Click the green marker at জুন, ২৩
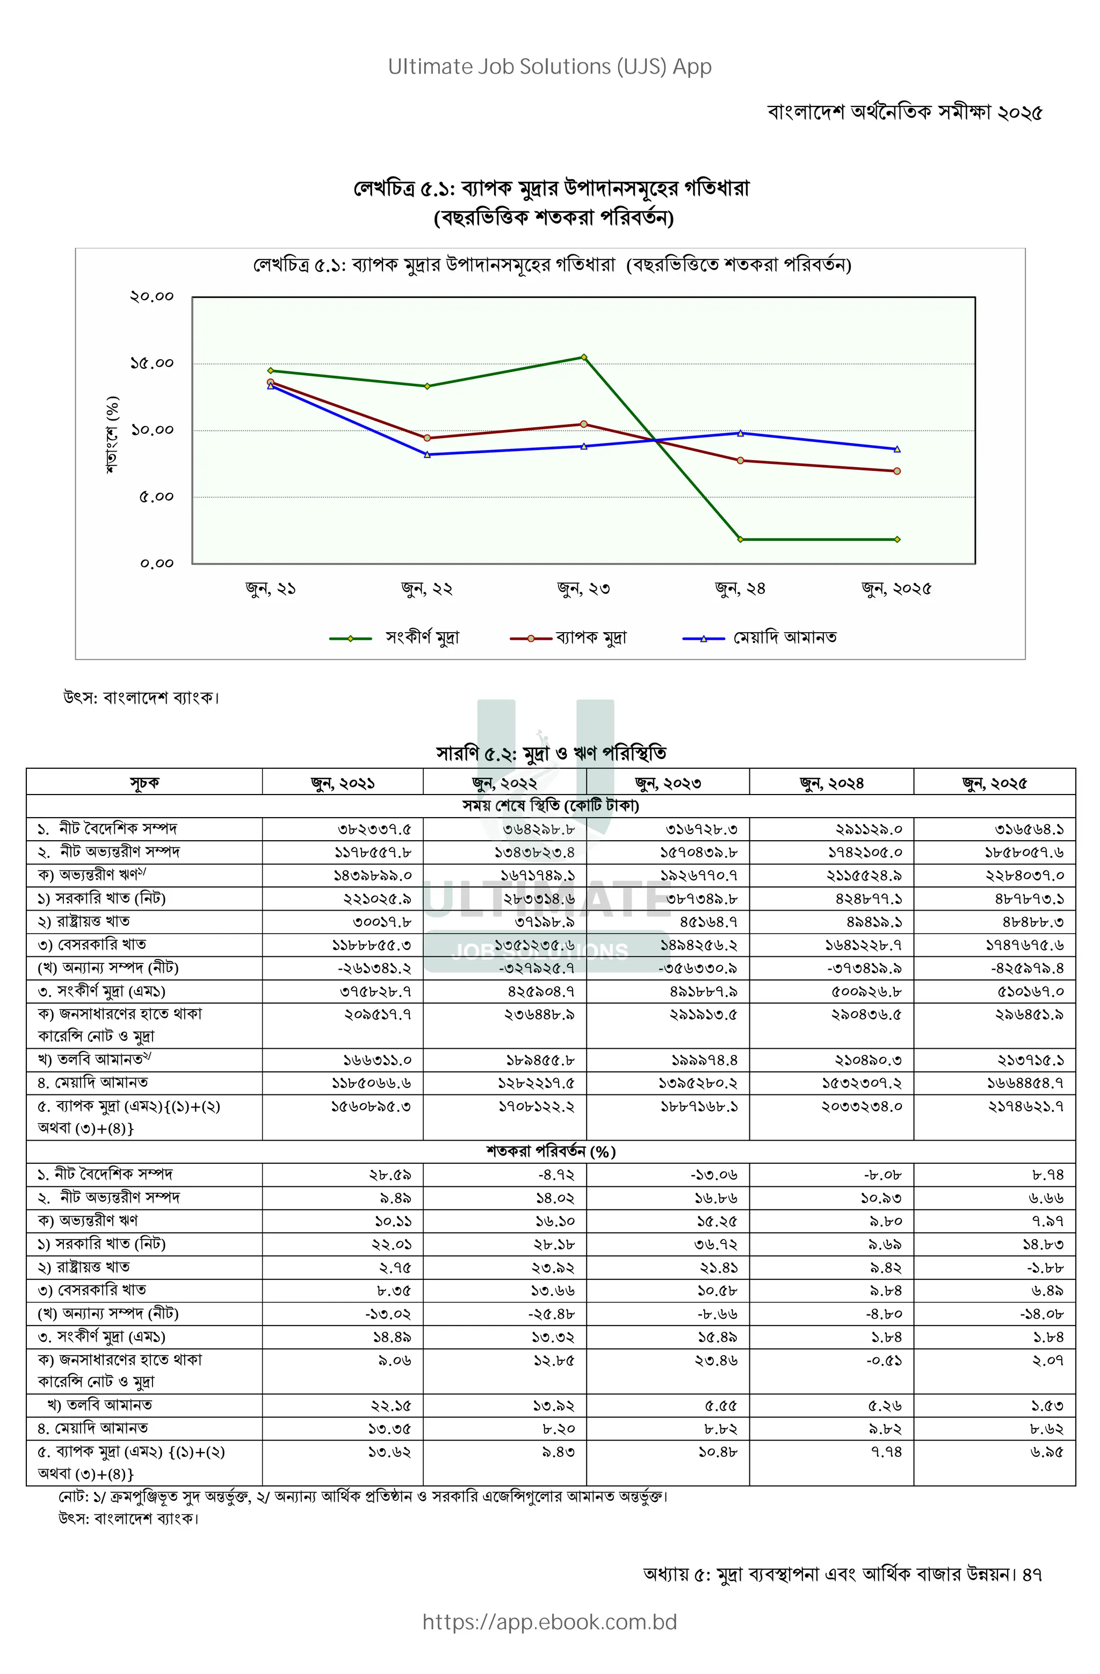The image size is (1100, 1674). point(583,357)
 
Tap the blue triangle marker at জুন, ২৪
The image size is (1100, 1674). point(740,433)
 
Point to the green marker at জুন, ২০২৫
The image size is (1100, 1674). point(897,540)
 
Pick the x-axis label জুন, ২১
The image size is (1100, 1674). point(271,589)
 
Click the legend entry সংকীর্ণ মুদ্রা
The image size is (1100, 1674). point(422,638)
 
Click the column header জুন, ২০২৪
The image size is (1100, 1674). point(831,783)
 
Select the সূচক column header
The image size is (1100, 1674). point(144,783)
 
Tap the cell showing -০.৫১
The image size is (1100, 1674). point(884,1361)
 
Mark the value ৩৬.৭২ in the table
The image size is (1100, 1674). point(715,1244)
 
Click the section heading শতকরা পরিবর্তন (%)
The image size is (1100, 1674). point(551,1151)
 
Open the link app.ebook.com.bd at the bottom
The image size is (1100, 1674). point(549,1622)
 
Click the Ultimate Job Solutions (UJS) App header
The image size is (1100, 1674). point(549,67)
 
